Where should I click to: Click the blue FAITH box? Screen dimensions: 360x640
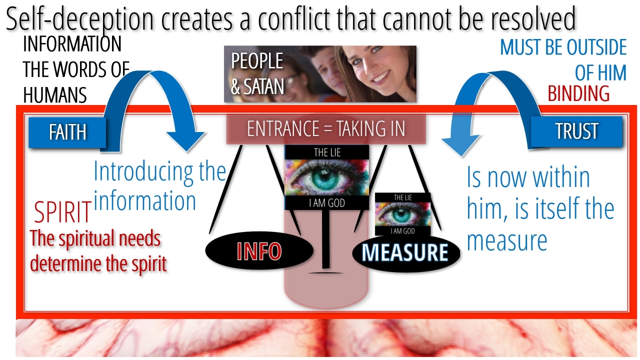tap(67, 132)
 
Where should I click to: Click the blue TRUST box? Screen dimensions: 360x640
tap(576, 131)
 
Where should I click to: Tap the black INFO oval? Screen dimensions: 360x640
tap(259, 251)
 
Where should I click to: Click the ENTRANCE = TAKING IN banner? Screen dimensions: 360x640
tap(325, 129)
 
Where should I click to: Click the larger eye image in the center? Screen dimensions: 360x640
tap(326, 177)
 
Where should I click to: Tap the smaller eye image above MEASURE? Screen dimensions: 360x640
tap(402, 214)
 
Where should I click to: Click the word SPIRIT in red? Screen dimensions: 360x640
tap(62, 212)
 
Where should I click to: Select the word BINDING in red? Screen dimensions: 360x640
tap(578, 93)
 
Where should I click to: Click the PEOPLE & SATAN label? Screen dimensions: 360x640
tap(257, 74)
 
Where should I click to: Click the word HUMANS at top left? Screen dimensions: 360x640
tap(55, 94)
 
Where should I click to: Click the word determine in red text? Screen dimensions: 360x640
tap(62, 263)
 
